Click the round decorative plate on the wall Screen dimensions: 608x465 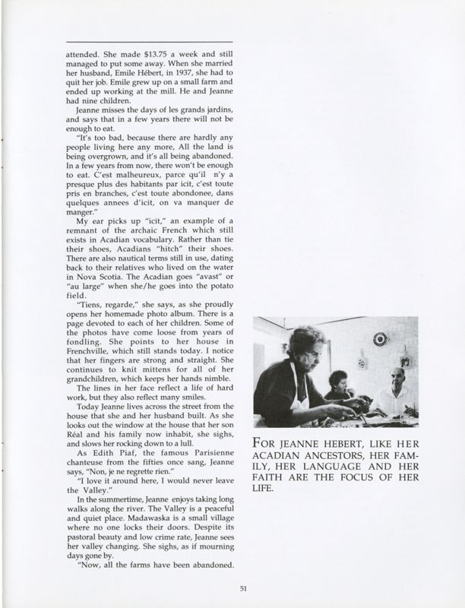tap(380, 339)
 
